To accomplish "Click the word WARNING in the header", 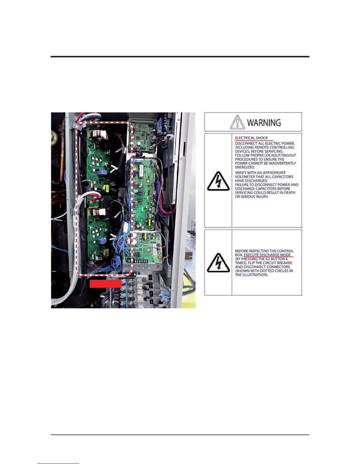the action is pos(264,122).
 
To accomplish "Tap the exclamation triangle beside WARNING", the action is pos(237,122).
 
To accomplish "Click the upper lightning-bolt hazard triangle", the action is pos(218,180).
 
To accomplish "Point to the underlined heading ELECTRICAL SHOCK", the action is pos(251,138).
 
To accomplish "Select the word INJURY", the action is pos(260,197).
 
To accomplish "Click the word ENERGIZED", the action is pos(245,167).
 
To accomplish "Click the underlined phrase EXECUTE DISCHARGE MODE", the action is pos(267,255).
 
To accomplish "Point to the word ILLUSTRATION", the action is pos(255,275).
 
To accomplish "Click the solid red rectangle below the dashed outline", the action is pos(105,283).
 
